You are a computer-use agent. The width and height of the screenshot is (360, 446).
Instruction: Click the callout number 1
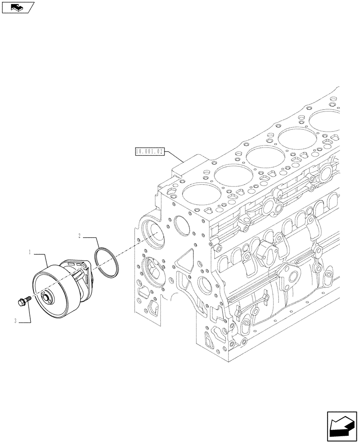29,252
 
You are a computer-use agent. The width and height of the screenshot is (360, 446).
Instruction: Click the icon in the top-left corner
18,7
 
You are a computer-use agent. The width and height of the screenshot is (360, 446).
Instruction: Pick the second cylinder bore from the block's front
231,176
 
